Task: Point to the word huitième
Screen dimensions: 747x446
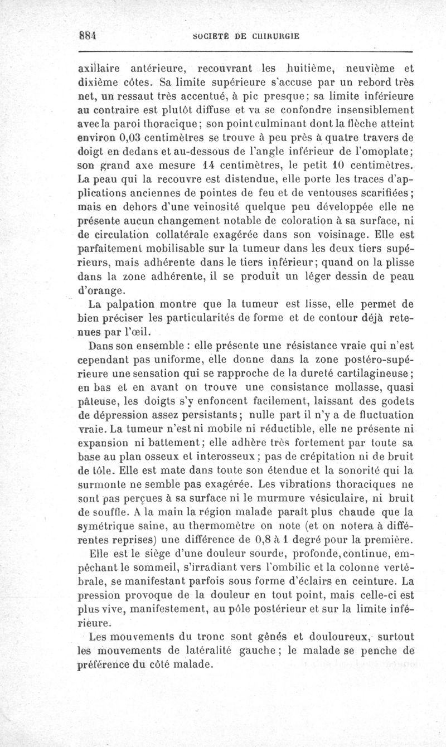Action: click(304, 69)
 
